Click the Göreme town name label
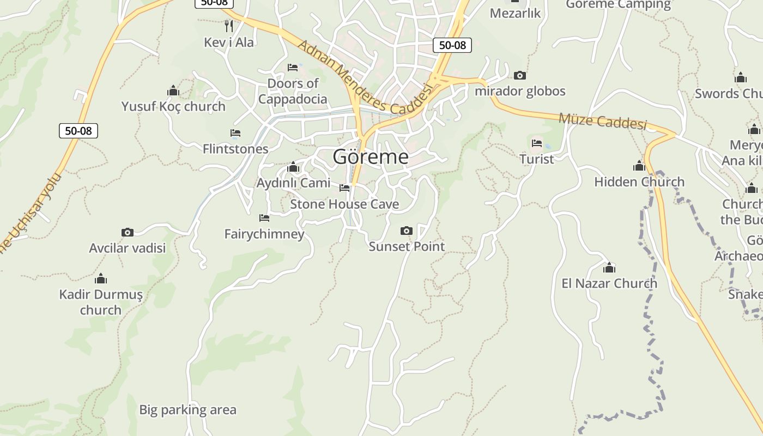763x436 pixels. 371,157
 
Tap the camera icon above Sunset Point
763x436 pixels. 406,231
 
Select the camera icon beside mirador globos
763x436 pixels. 520,76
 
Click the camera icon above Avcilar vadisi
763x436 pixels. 127,233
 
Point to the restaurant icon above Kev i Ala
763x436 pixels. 229,26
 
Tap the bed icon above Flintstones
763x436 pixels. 235,133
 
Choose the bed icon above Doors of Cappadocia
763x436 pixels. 293,68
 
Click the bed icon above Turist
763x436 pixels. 537,143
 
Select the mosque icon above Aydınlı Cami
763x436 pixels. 293,167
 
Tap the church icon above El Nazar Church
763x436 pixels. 609,268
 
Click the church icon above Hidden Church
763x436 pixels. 639,166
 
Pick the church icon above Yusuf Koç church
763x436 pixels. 173,90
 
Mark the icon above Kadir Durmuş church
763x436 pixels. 101,279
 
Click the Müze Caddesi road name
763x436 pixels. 602,121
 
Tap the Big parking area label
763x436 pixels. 187,410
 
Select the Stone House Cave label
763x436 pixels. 344,204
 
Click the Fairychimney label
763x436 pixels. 264,234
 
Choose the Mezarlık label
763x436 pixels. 515,13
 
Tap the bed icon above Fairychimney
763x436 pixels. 264,218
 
